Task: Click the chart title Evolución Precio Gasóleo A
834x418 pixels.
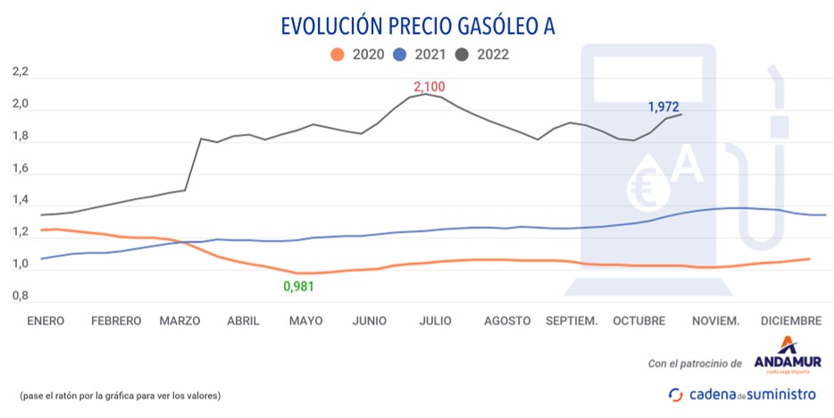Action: [x=417, y=26]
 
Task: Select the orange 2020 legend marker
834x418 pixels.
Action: [x=337, y=54]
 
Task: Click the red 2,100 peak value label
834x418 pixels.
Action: [x=429, y=87]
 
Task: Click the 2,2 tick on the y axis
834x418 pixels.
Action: [x=21, y=71]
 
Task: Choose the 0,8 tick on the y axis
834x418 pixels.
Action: [x=21, y=296]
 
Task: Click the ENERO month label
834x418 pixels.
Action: [x=46, y=321]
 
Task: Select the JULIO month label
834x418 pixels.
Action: [x=436, y=321]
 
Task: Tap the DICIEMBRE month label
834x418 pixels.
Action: [x=790, y=321]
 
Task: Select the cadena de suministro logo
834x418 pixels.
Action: [x=743, y=394]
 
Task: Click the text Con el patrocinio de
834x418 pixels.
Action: [x=695, y=364]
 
